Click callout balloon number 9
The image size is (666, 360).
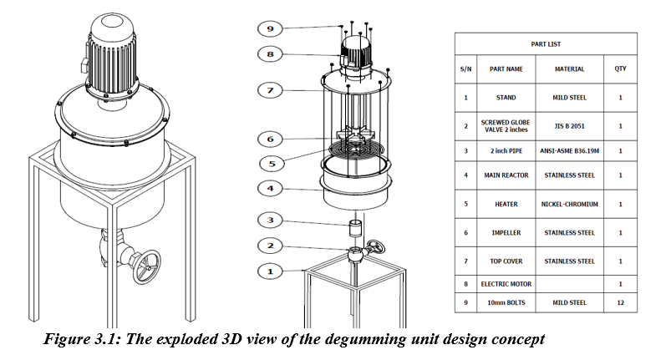pos(269,28)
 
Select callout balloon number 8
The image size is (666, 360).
pos(269,55)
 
